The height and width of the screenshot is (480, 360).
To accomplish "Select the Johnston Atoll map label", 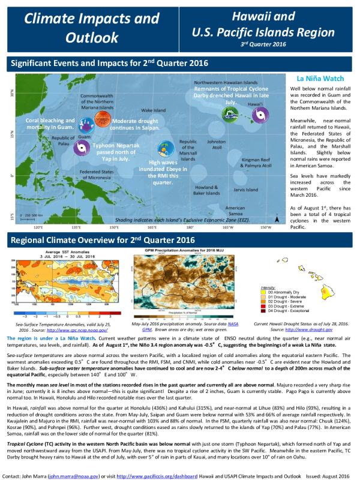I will pos(216,145).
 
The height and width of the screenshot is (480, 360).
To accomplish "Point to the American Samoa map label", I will pos(235,211).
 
